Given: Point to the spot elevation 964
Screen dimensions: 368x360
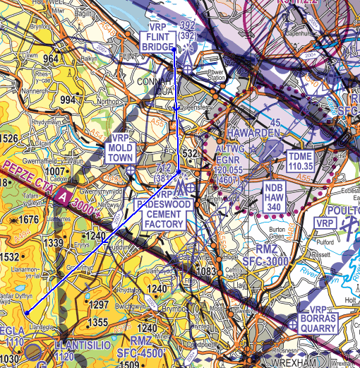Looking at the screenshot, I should pyautogui.click(x=51, y=59).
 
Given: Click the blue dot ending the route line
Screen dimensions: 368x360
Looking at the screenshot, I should pyautogui.click(x=26, y=313).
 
